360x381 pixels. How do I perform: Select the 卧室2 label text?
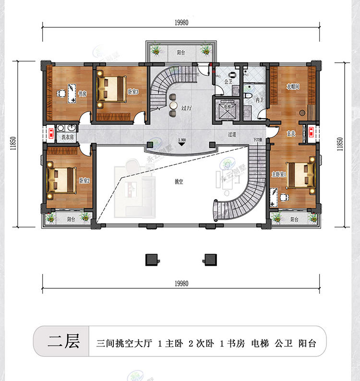point(84,181)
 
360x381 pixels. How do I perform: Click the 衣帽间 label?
point(293,87)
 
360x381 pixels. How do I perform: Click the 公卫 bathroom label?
point(228,82)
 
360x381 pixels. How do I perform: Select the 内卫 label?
point(259,100)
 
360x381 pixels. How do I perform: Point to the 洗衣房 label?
point(68,137)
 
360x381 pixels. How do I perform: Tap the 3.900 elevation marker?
point(182,140)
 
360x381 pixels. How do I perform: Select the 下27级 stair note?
point(258,140)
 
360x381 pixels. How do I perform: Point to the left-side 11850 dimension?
point(14,144)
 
